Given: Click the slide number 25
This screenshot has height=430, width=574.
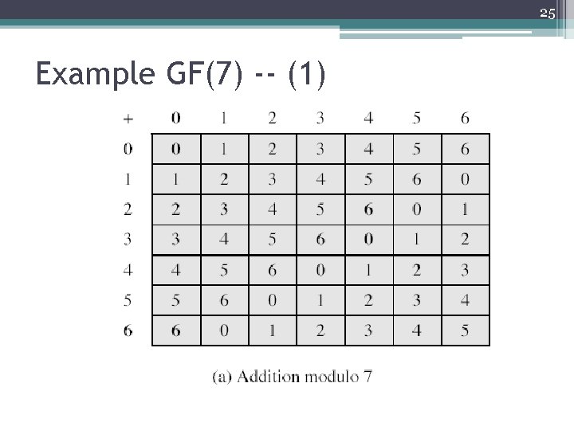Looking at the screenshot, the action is click(547, 13).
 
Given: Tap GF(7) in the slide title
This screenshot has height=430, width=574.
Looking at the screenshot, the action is click(206, 75).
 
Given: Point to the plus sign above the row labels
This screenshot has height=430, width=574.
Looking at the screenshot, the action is click(128, 119).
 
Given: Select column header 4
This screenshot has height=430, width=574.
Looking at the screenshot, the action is click(368, 119).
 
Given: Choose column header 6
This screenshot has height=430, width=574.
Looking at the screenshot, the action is click(465, 119).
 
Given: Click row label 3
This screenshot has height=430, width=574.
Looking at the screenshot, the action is click(128, 240).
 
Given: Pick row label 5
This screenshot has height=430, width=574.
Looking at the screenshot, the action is click(128, 300).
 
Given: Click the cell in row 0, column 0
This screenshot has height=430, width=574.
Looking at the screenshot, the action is click(176, 149).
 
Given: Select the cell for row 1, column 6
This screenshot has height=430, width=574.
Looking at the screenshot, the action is click(465, 179).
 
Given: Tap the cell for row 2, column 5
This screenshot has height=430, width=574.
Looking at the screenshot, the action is click(417, 209).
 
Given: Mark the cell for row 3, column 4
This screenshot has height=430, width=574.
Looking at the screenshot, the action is click(368, 240).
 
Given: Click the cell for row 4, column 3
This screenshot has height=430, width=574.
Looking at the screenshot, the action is click(320, 270).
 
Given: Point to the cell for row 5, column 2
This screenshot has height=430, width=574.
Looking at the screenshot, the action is click(273, 300).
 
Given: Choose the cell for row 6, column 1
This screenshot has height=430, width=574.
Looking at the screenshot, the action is click(224, 330).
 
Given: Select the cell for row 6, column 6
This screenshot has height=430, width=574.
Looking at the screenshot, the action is click(465, 330).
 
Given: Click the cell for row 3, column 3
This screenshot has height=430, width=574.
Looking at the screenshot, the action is click(320, 240).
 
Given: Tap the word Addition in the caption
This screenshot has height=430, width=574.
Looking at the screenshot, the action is click(268, 376).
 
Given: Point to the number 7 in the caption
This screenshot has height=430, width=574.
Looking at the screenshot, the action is click(367, 376).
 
